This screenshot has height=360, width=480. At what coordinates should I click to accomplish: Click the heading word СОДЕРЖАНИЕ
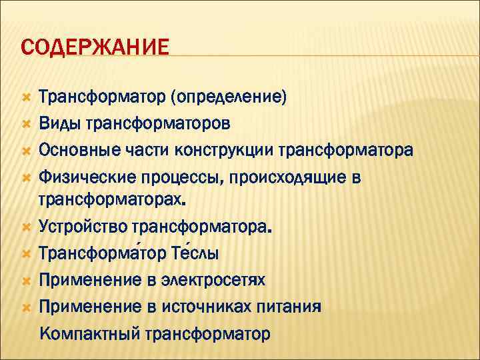(95, 48)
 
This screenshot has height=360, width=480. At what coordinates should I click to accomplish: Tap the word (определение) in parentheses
(229, 98)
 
